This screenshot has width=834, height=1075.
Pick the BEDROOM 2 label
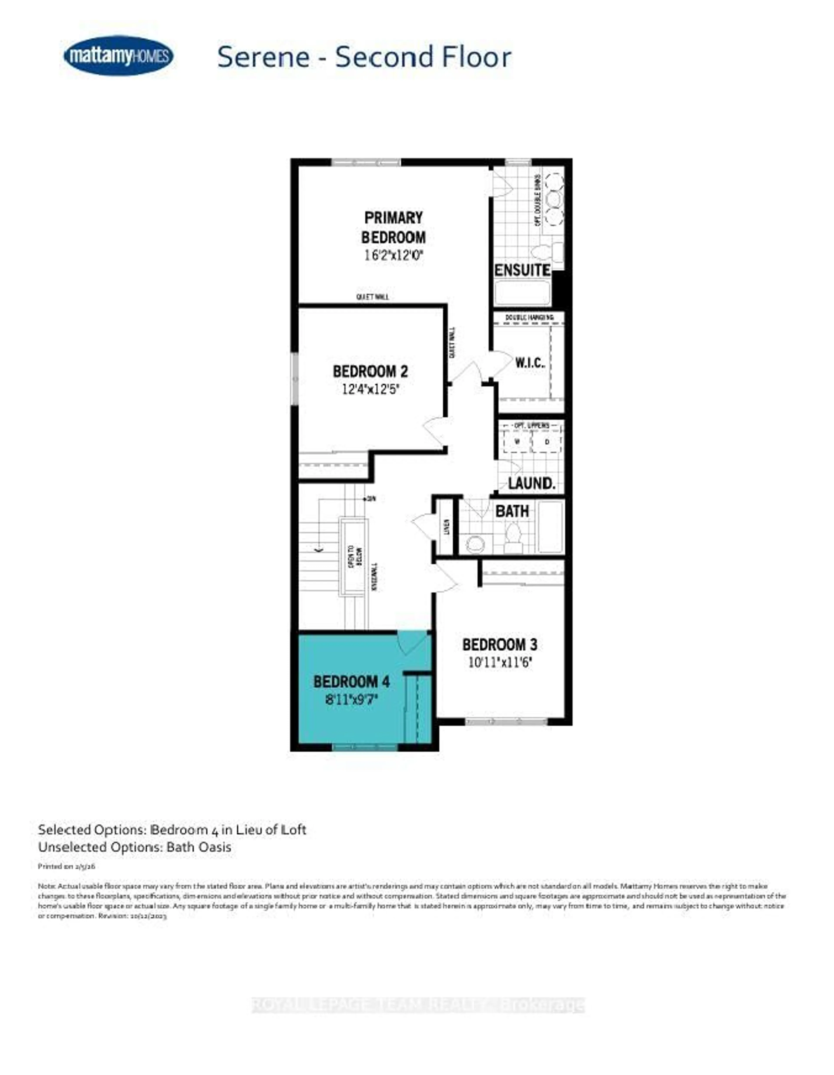(370, 371)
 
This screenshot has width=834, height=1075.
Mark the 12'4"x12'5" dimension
(370, 389)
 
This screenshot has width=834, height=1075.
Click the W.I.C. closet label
(530, 363)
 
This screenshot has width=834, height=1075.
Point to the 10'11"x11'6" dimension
(500, 662)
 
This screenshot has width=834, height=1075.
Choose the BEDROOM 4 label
(351, 682)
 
